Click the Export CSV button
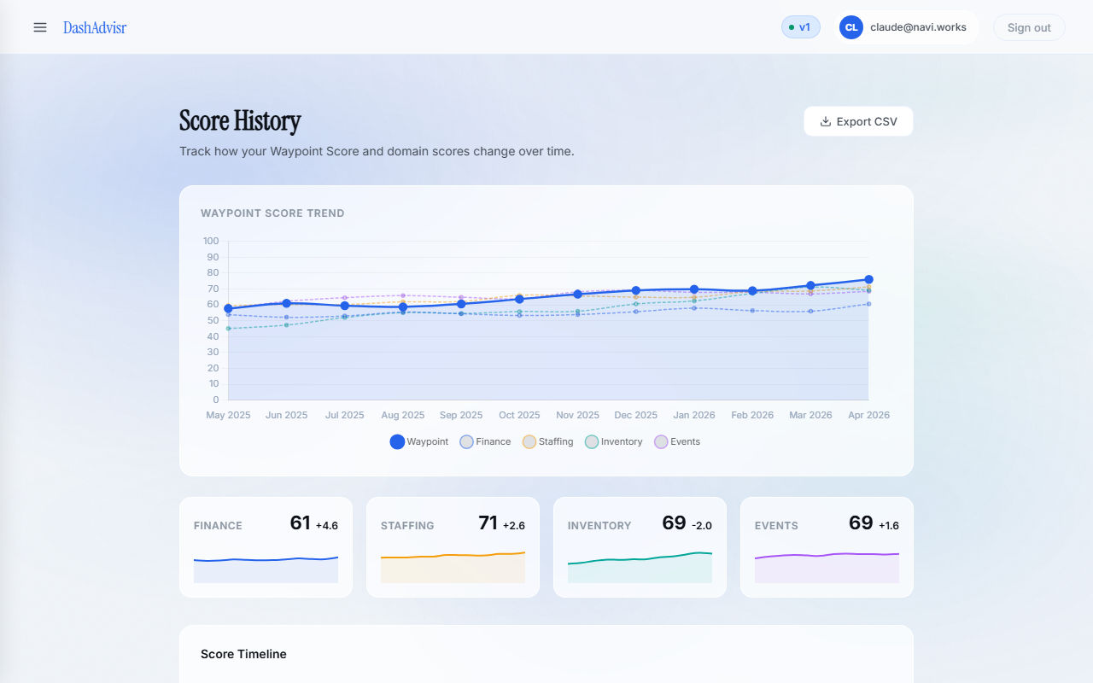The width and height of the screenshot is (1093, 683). tap(858, 121)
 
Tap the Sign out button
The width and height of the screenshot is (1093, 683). tap(1029, 27)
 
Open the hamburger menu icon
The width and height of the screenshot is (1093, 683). tap(40, 27)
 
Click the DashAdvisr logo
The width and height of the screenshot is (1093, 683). tap(95, 27)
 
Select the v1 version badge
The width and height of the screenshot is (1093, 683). tap(801, 27)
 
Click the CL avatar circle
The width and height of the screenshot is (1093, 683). tap(851, 27)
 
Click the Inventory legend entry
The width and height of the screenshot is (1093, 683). tap(614, 441)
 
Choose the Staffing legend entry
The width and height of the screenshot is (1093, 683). tap(548, 441)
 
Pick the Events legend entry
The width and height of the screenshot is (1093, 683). tap(677, 441)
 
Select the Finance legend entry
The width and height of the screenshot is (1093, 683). tap(485, 441)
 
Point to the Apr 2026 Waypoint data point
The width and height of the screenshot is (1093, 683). tap(868, 279)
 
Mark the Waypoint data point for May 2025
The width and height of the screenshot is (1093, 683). tap(228, 308)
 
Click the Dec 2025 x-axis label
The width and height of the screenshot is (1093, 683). tap(636, 415)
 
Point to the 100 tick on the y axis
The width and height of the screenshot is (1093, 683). tap(211, 241)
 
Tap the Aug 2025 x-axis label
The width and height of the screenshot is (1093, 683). tap(403, 415)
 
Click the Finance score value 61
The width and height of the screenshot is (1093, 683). tap(301, 523)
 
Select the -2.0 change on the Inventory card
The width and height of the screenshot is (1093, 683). tap(702, 526)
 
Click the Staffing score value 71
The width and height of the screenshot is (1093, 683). tap(488, 523)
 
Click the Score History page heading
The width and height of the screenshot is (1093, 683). tap(240, 121)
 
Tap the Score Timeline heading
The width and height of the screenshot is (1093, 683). tap(243, 654)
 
